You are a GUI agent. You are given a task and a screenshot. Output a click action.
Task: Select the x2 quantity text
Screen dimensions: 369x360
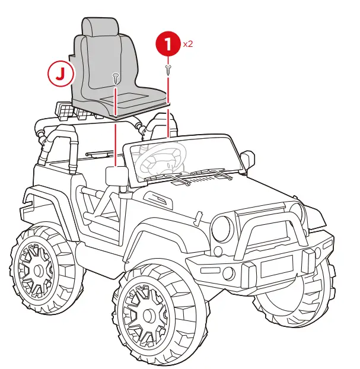188,43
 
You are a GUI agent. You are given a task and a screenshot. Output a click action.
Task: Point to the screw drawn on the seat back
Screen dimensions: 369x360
116,77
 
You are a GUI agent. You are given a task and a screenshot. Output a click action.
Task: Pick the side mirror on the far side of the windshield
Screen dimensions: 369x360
249,159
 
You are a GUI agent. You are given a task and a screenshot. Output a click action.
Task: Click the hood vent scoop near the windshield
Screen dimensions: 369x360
155,198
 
